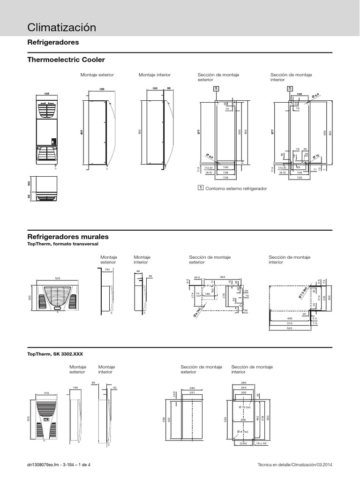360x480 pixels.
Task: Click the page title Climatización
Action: [62, 28]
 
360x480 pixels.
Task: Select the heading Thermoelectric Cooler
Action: [67, 60]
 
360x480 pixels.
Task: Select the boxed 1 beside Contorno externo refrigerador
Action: [201, 188]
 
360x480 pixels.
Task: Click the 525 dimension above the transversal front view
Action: [58, 278]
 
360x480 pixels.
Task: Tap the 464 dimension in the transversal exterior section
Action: [223, 277]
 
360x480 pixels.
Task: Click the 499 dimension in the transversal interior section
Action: [289, 318]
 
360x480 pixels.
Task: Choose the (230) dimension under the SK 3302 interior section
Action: [243, 443]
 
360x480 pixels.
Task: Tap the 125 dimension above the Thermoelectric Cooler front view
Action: [46, 94]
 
